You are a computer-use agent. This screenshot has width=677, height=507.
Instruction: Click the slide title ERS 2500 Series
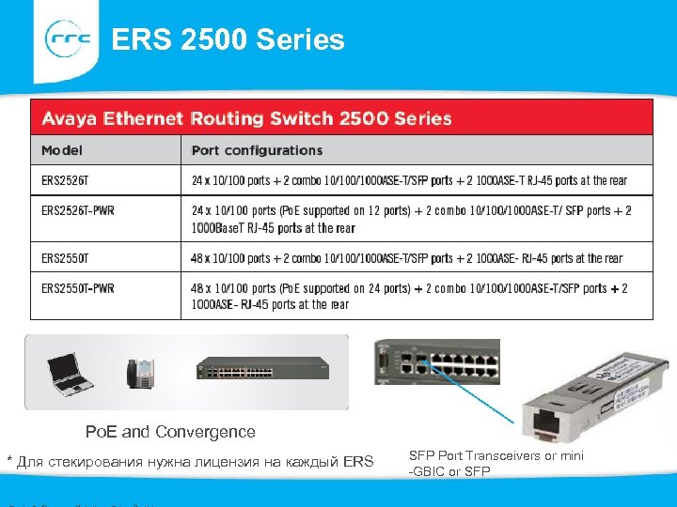coord(228,40)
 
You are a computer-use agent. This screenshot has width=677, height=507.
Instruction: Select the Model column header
coord(62,150)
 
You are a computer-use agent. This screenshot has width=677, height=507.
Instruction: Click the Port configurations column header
coord(257,150)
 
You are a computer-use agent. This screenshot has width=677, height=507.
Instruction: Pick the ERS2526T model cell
coord(65,180)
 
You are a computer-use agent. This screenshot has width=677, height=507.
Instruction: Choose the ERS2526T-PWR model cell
coord(78,210)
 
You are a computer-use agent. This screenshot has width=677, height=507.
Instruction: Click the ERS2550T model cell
coord(65,257)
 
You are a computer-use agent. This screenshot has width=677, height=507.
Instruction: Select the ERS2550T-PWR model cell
coord(78,288)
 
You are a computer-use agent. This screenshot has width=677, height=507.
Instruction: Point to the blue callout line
coord(470,390)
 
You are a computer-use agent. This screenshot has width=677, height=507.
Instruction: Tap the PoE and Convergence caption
coord(170,432)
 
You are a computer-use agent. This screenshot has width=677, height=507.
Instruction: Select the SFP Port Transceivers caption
coord(496,463)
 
